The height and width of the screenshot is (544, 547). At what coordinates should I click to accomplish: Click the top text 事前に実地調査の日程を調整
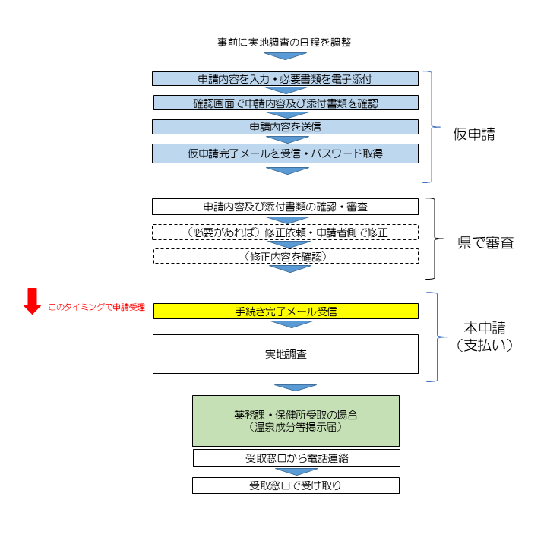(284, 42)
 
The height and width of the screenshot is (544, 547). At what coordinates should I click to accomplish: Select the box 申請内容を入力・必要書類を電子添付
(285, 78)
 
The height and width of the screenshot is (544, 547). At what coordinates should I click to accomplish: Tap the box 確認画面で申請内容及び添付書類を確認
(285, 103)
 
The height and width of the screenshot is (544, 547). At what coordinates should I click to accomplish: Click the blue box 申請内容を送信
(285, 127)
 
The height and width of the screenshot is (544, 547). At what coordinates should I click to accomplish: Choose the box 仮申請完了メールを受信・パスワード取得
(285, 153)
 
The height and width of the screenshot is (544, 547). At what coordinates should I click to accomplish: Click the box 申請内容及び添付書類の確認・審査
(285, 207)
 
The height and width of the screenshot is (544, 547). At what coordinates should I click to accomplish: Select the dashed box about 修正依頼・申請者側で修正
(285, 232)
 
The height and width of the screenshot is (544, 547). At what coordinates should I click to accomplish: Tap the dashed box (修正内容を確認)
(285, 257)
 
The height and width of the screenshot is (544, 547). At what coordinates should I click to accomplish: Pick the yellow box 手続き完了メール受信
(285, 311)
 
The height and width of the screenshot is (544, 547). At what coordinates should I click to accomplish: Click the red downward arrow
(32, 301)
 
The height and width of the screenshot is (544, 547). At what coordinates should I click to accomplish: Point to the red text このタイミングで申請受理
(96, 308)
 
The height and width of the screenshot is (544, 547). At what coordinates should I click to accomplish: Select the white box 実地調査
(285, 354)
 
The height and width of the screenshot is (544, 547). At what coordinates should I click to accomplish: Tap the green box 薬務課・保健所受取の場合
(296, 421)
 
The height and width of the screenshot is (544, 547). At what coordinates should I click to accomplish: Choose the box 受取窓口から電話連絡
(296, 458)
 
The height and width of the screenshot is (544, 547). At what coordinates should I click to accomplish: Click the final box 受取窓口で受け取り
(296, 485)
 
